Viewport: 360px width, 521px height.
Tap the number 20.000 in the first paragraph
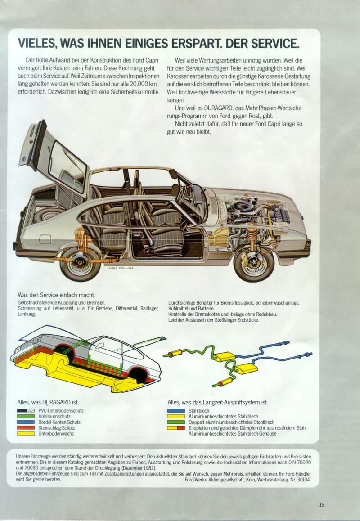[136, 84]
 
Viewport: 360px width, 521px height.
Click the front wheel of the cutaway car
[254, 260]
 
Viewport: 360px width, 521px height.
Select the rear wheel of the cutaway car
[80, 260]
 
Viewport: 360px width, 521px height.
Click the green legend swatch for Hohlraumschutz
[26, 416]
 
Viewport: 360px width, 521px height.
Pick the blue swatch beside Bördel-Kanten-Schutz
[26, 422]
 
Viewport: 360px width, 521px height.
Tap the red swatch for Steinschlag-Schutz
[26, 428]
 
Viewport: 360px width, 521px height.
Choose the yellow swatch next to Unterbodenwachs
[26, 433]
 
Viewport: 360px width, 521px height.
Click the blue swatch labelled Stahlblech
[176, 411]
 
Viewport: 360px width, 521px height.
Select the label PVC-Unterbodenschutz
[61, 411]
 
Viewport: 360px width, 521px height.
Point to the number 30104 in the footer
[302, 480]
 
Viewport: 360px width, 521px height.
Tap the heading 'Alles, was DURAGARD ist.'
[48, 402]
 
